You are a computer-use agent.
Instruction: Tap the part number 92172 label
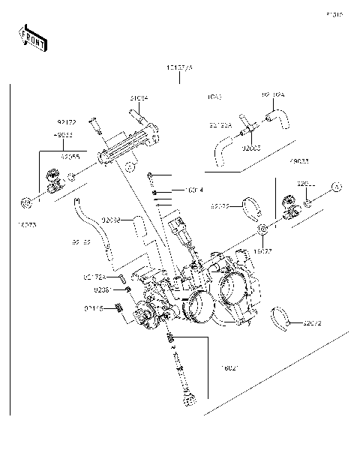[67, 120]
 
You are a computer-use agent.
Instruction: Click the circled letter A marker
[337, 205]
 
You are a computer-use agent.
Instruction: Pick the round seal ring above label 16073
[25, 201]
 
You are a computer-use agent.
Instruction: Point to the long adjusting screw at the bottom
[184, 371]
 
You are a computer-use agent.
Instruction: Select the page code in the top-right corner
[334, 13]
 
